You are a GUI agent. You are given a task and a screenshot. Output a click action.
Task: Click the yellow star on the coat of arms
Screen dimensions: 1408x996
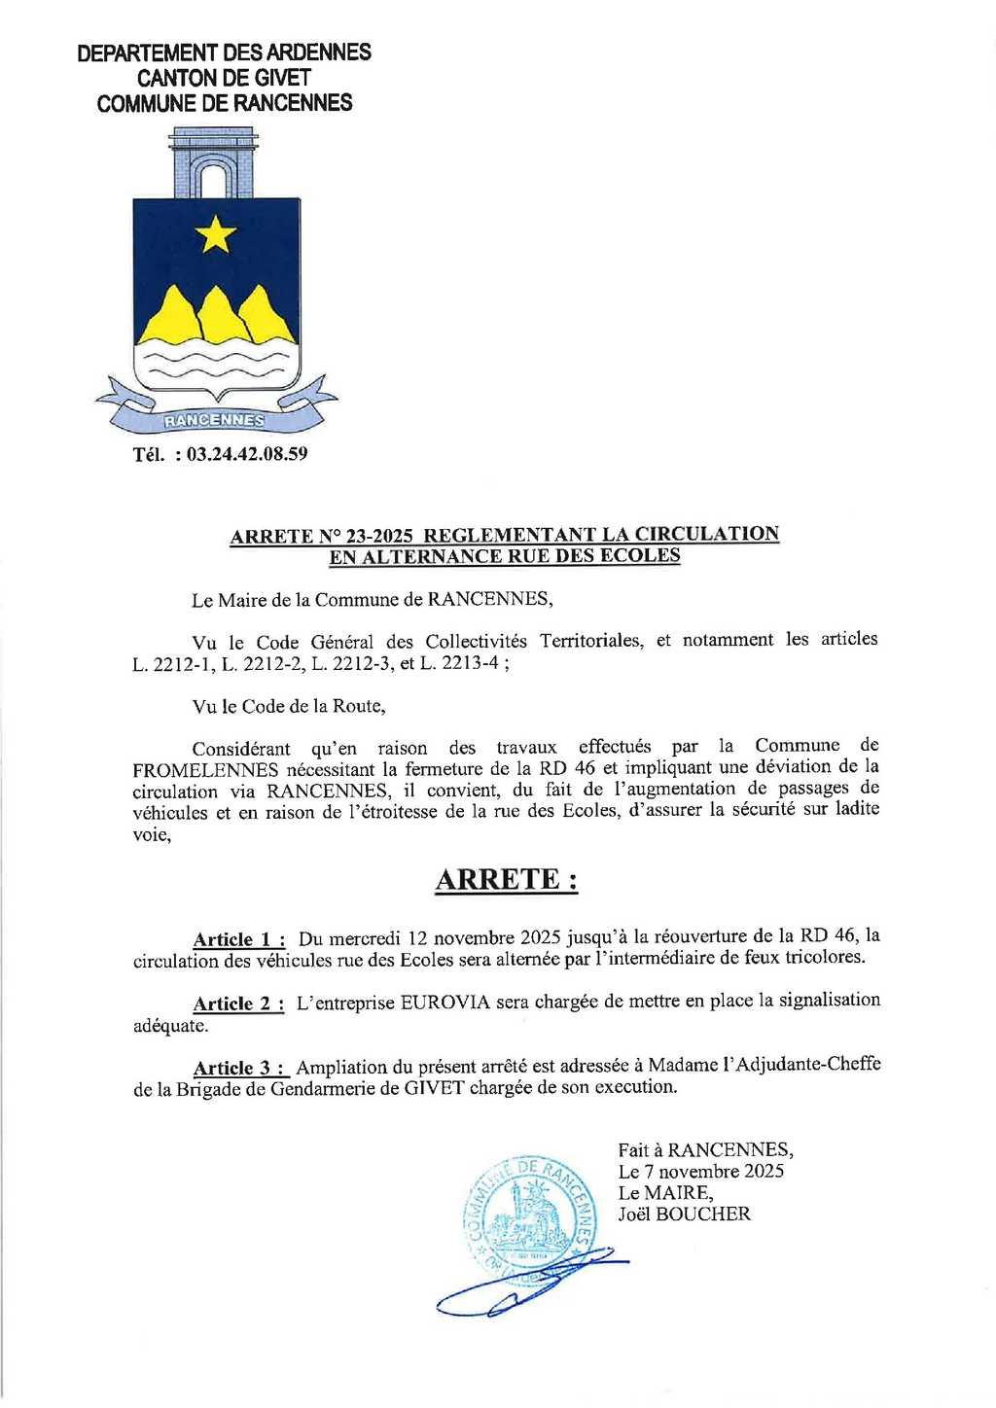click(215, 234)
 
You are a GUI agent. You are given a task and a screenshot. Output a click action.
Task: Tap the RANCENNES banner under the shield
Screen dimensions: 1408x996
click(214, 420)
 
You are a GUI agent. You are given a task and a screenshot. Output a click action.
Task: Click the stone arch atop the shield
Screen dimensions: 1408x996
click(213, 163)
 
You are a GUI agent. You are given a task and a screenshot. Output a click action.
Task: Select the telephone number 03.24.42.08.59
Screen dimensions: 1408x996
click(247, 454)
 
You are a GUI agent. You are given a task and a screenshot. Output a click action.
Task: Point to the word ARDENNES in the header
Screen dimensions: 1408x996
click(319, 53)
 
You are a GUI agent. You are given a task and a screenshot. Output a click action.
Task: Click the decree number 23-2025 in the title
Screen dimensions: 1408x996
click(378, 535)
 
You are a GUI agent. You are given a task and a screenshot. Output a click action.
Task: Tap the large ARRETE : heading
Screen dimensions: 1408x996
click(506, 879)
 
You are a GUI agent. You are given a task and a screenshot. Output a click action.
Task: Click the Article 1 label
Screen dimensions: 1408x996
click(238, 939)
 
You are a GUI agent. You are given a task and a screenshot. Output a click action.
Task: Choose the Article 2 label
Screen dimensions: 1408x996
click(238, 1003)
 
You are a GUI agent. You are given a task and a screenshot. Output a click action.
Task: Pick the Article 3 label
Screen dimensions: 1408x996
click(240, 1068)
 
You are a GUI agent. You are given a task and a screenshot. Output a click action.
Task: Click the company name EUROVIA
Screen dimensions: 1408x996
click(445, 1002)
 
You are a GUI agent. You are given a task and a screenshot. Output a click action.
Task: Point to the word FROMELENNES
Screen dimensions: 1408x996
click(205, 769)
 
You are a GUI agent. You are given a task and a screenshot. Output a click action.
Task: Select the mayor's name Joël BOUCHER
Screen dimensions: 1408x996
click(684, 1214)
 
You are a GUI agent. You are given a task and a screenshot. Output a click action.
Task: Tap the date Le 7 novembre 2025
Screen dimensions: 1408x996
click(700, 1171)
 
